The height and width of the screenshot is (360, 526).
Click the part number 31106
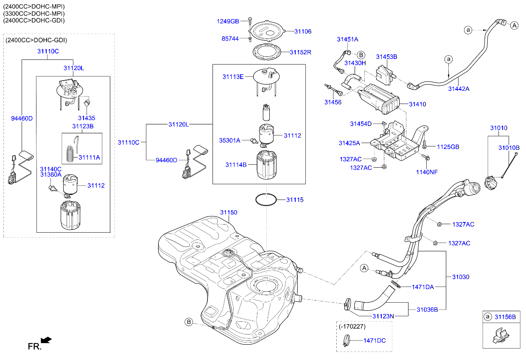tap(303, 31)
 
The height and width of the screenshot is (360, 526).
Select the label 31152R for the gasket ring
tap(300, 52)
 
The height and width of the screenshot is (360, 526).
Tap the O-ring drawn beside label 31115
tap(266, 200)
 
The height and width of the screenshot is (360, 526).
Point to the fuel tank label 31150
tap(228, 212)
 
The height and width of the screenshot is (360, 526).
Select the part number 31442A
tap(459, 89)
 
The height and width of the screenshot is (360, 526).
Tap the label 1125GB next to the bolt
tap(448, 147)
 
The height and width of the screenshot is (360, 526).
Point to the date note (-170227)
tap(352, 326)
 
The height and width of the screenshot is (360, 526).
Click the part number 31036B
tap(427, 309)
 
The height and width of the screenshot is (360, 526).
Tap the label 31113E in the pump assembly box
tap(233, 77)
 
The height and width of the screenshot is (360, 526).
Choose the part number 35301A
tap(229, 140)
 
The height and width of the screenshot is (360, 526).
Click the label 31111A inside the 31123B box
tap(89, 157)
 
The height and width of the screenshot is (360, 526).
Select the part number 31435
tap(87, 118)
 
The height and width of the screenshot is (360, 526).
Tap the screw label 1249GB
tap(228, 21)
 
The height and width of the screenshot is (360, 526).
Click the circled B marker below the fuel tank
tap(189, 322)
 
